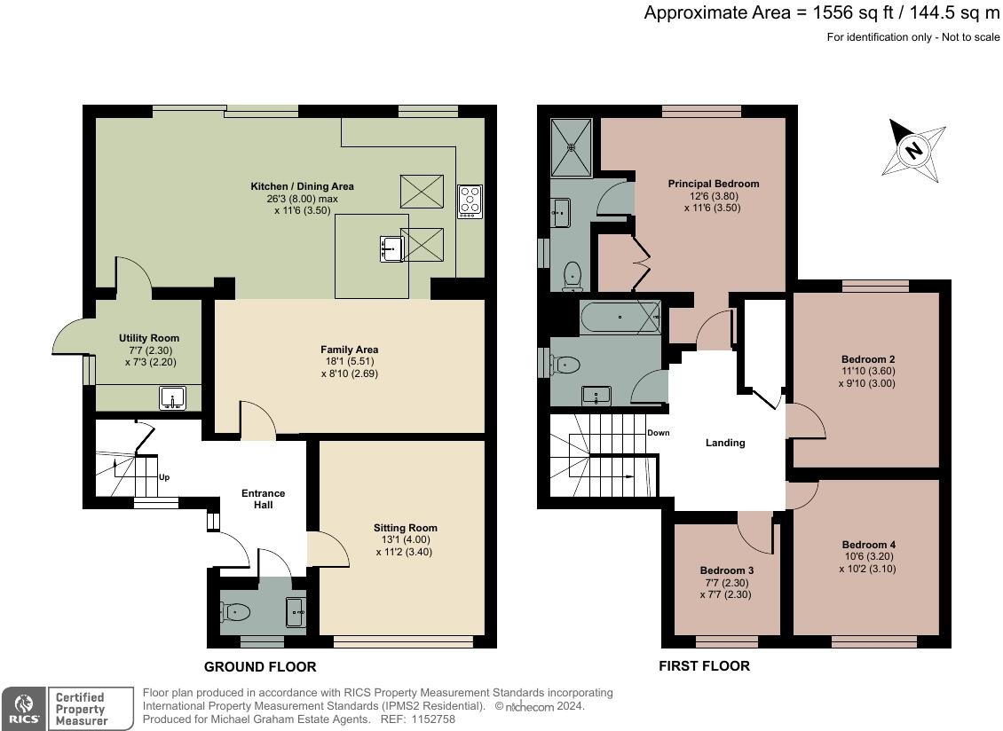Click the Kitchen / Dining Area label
tap(302, 186)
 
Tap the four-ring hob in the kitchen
tap(470, 201)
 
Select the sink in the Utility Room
tap(172, 397)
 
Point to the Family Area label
tap(349, 350)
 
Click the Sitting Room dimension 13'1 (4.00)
tap(406, 539)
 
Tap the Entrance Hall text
tap(263, 499)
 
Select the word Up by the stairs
tap(164, 477)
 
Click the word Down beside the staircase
tap(659, 433)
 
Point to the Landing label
tap(725, 443)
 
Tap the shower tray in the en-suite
tap(572, 147)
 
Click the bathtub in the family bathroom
tap(620, 318)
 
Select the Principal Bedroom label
tap(714, 184)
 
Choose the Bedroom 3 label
tap(727, 570)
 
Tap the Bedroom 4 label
tap(869, 545)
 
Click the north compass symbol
tap(913, 150)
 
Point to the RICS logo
tap(24, 709)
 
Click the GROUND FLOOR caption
tap(260, 667)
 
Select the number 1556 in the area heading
tap(834, 12)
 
